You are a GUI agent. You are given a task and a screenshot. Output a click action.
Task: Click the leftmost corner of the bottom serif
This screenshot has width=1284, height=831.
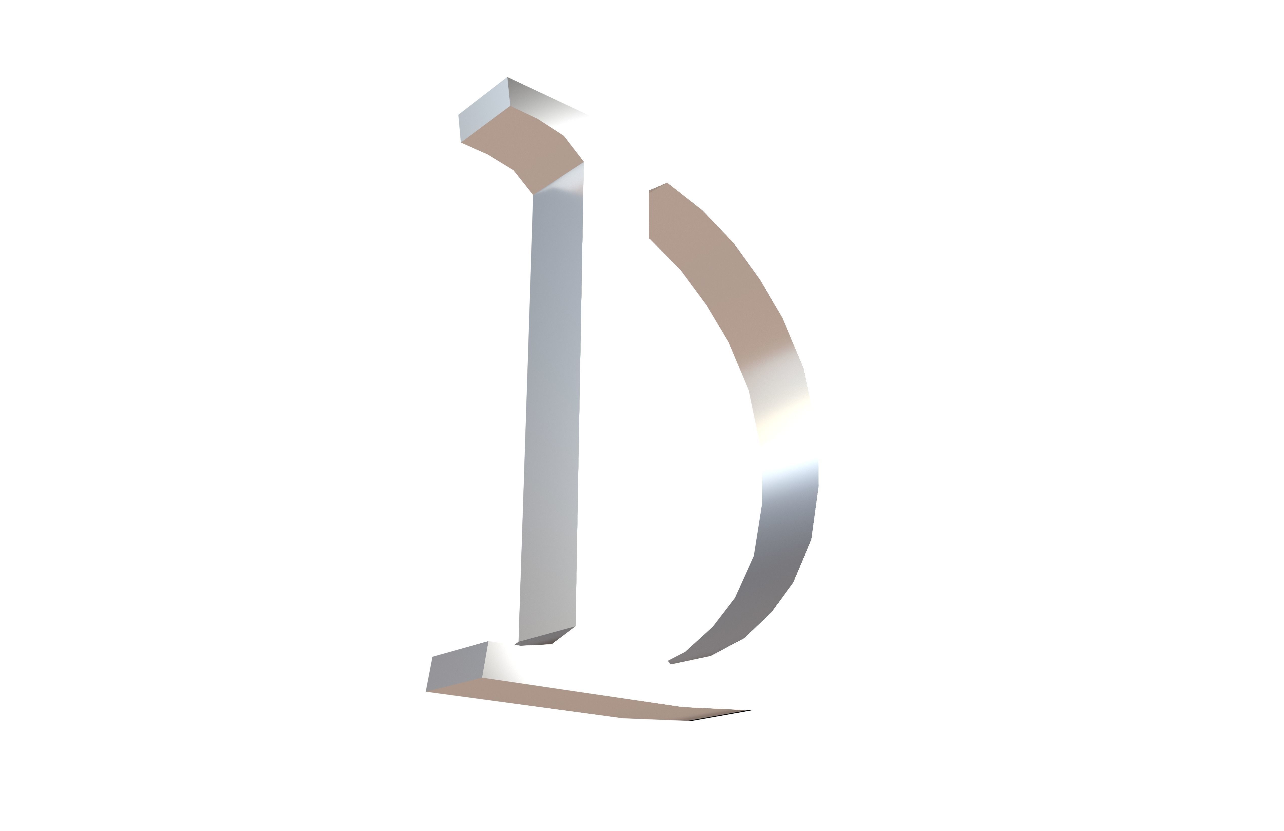(426, 691)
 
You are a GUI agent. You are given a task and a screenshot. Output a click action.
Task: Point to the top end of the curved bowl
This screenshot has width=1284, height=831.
(667, 184)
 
